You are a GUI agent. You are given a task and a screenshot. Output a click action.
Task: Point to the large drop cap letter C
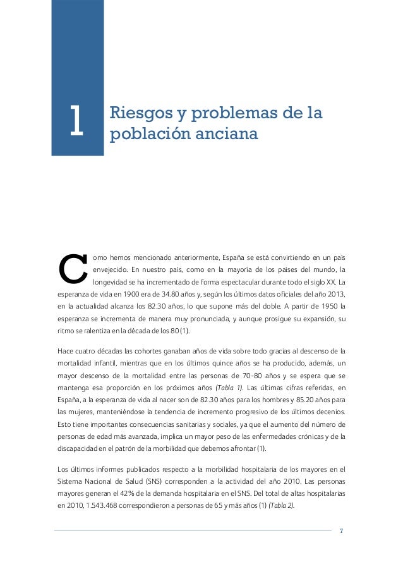72,270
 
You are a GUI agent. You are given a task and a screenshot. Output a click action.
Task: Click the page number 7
341,530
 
